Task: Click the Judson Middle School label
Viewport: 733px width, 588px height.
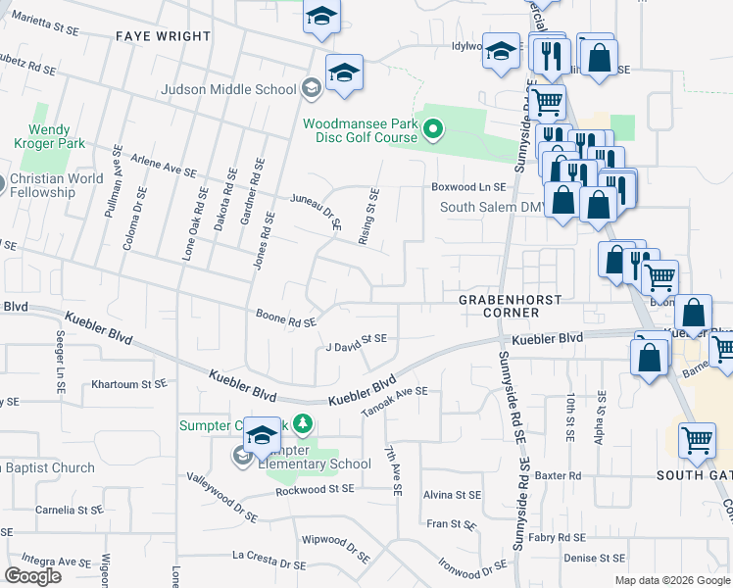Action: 230,90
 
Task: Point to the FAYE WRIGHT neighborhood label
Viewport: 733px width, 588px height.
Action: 163,36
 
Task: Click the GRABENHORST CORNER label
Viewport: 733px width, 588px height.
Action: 500,305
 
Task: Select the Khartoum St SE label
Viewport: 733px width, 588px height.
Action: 128,385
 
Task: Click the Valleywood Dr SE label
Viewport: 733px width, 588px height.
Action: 221,497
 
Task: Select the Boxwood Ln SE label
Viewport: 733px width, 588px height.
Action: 468,186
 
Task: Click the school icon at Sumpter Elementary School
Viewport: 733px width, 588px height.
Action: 242,456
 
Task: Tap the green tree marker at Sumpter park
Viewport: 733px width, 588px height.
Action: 304,424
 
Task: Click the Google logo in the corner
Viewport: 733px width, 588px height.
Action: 33,576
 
